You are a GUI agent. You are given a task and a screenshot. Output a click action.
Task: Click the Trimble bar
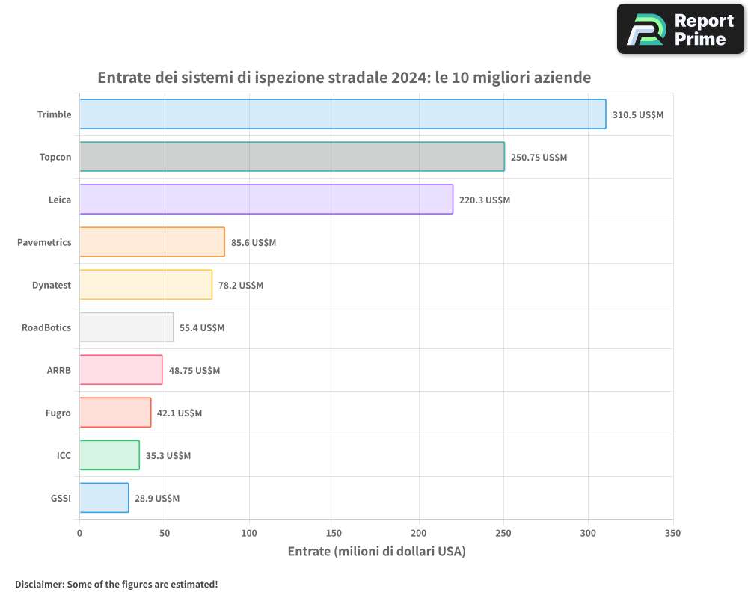tap(343, 114)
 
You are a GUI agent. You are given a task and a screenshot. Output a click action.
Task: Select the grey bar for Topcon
tap(292, 157)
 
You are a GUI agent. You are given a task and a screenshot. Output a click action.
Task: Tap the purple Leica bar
tap(266, 200)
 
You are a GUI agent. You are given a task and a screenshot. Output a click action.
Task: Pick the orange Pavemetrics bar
tap(152, 242)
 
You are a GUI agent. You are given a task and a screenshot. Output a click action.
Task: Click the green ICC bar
tap(109, 455)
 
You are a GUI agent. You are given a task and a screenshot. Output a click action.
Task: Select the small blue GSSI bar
tap(104, 498)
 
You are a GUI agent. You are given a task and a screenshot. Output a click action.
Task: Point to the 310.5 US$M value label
tap(638, 115)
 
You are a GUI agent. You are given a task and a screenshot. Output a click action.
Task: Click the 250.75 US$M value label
tap(539, 158)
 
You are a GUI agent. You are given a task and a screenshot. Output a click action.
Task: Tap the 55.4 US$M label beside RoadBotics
tap(202, 328)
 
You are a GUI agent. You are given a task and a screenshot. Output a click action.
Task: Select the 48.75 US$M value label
tap(194, 371)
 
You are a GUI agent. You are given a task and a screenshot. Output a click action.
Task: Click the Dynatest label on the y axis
tap(52, 285)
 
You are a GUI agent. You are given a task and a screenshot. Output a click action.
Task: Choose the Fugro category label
tap(58, 413)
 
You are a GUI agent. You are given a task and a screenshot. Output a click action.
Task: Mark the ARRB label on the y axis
tap(59, 370)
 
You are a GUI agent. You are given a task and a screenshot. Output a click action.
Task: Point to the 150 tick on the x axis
tap(334, 534)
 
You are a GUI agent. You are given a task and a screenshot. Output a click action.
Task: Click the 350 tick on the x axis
tap(672, 534)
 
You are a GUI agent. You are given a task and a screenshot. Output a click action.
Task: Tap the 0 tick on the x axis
tap(79, 534)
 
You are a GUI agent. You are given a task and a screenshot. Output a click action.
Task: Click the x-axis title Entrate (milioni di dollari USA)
tap(376, 552)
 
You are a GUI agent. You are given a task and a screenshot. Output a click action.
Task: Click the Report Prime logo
tap(680, 29)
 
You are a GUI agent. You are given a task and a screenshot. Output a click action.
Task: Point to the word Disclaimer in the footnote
tap(38, 585)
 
